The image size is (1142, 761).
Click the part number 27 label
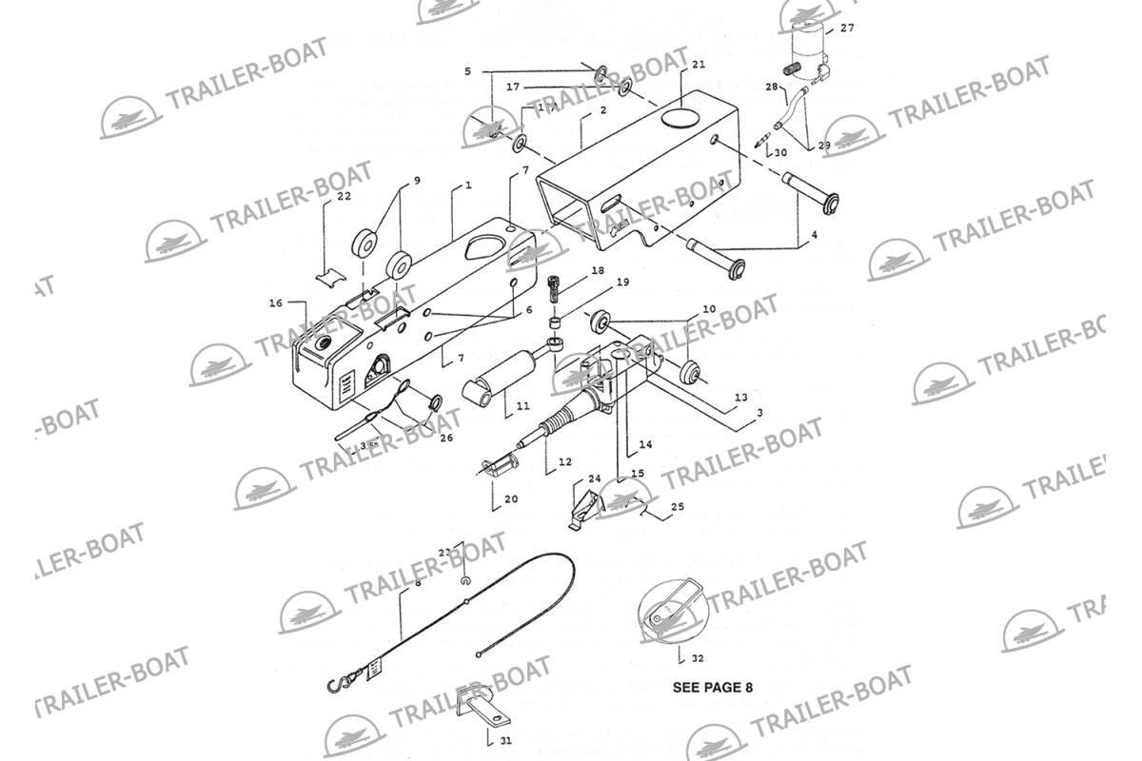coord(847,29)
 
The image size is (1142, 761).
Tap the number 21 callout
coord(699,65)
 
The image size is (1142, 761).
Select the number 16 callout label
coord(275,303)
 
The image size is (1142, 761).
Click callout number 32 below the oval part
coord(698,658)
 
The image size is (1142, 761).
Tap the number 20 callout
coord(511,499)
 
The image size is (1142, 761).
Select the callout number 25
coord(678,508)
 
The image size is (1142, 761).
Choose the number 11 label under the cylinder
coord(522,406)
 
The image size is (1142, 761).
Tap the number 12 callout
coord(565,462)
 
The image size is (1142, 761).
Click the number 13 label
coord(741,397)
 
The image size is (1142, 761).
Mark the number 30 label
coord(780,152)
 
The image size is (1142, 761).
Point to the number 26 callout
coord(445,438)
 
